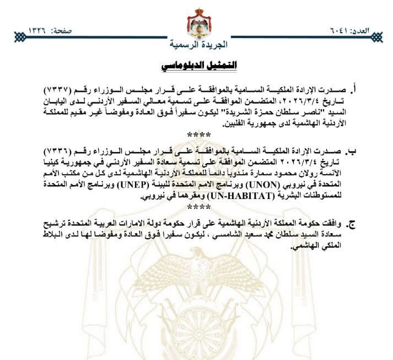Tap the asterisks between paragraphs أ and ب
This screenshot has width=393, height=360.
(x=197, y=135)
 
